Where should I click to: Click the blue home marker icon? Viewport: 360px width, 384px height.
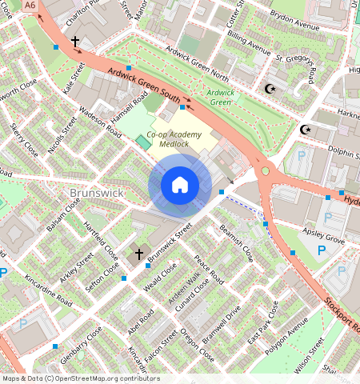pyautogui.click(x=180, y=186)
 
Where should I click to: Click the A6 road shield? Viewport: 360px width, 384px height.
pyautogui.click(x=30, y=5)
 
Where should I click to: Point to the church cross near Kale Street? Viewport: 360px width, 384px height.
pyautogui.click(x=75, y=41)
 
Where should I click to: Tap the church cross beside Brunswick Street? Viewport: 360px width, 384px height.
pyautogui.click(x=138, y=254)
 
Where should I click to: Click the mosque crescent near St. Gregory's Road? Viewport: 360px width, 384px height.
pyautogui.click(x=269, y=88)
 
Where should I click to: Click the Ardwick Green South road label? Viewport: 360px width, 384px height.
pyautogui.click(x=144, y=86)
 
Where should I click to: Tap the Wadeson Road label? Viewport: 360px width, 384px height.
pyautogui.click(x=99, y=124)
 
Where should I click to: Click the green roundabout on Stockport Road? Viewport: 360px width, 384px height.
pyautogui.click(x=265, y=170)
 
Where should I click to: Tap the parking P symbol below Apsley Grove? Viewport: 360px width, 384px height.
pyautogui.click(x=321, y=251)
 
